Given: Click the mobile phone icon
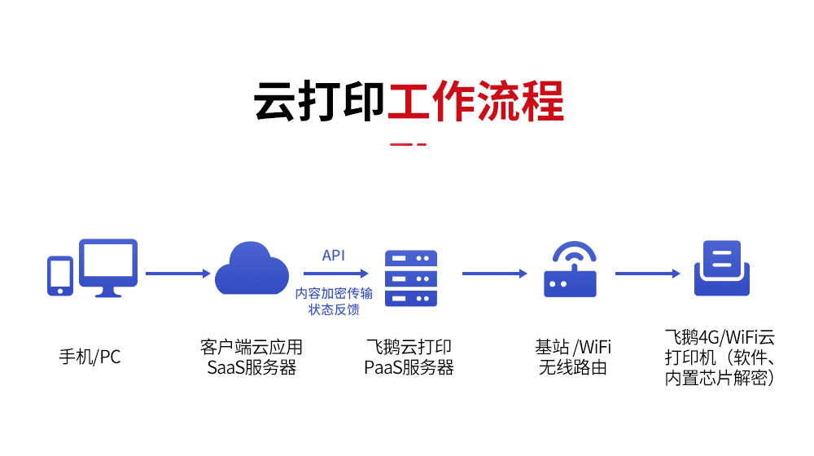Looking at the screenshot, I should tap(59, 275).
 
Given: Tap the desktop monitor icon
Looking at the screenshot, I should tap(107, 267).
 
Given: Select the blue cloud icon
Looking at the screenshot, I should tap(252, 268).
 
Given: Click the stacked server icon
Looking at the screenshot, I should tap(410, 277).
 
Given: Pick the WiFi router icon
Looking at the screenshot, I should tap(570, 270).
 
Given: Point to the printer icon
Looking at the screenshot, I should tap(721, 268).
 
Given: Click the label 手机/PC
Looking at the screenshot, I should tap(90, 357).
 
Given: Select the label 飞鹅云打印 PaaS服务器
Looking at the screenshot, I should tap(409, 357).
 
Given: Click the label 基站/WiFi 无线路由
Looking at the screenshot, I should tap(573, 357).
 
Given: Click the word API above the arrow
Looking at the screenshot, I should tap(333, 256).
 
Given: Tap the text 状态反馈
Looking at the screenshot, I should tap(334, 309).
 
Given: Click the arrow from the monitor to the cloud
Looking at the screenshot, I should tap(177, 274).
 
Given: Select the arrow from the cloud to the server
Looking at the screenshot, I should tap(334, 274).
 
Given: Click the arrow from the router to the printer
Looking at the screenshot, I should tap(646, 274).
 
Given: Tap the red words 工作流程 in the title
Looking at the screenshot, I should tap(475, 100).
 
